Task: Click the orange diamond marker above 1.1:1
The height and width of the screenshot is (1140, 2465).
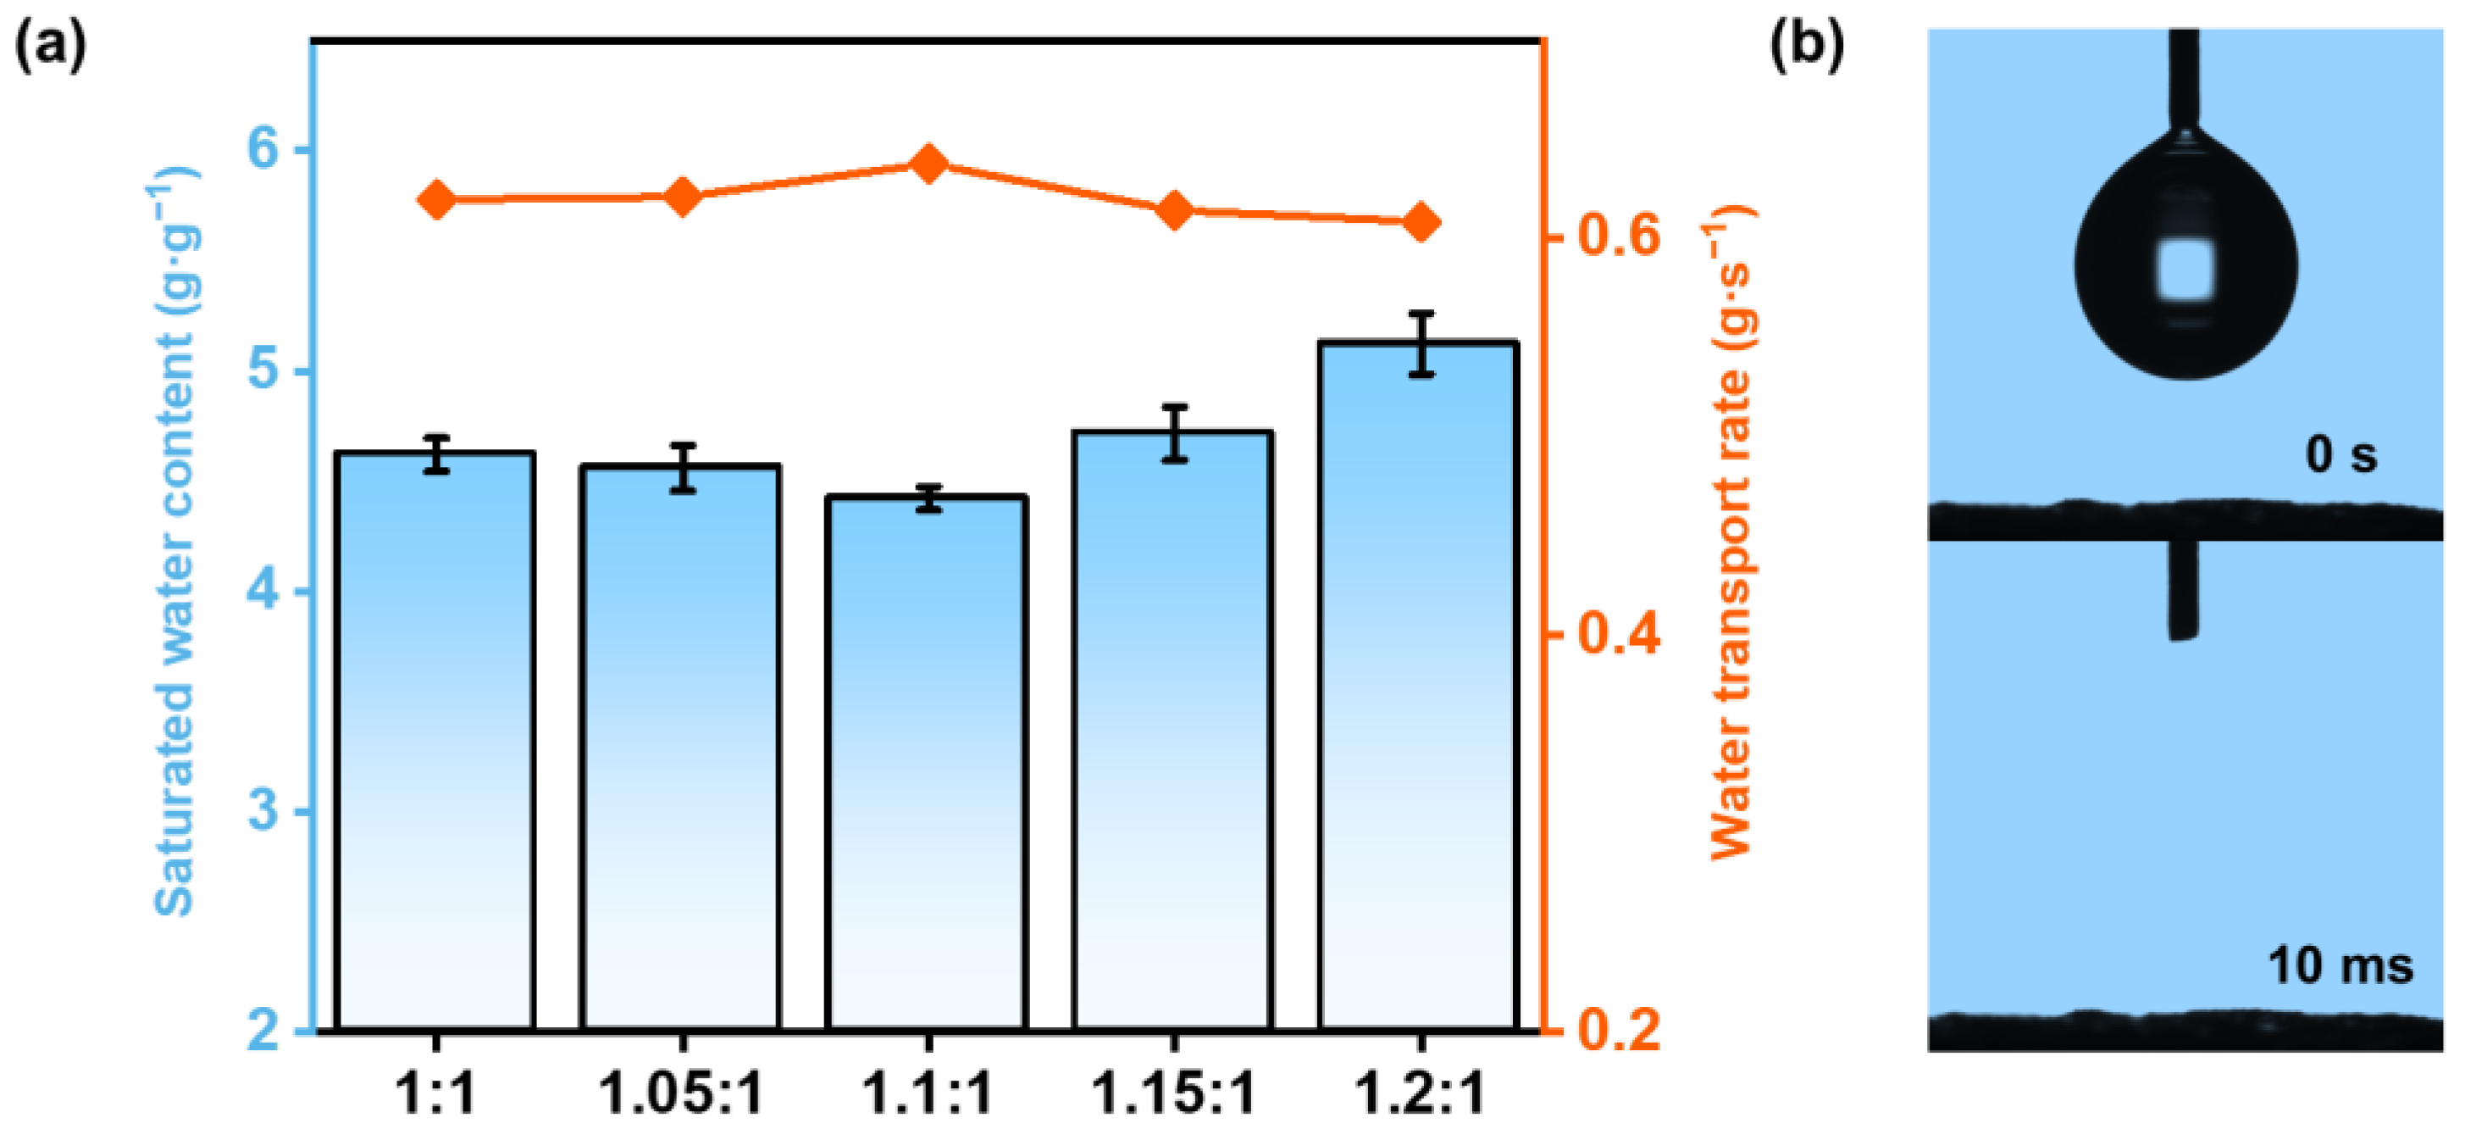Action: (928, 164)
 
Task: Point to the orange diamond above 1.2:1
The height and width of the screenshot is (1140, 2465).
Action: (1421, 223)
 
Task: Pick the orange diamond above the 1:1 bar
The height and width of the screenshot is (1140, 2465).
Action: (436, 200)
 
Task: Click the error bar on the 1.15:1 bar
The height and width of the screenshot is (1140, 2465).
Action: (1174, 434)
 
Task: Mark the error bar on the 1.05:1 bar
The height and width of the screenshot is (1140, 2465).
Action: (682, 468)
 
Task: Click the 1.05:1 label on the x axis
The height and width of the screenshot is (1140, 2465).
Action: (680, 1093)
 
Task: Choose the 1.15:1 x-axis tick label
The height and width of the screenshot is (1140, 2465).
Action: (1173, 1093)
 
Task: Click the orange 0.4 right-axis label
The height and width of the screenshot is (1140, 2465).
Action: (1618, 634)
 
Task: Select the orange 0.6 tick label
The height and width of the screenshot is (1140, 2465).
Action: (1618, 235)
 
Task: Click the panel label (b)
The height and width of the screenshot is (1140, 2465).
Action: (1807, 45)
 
